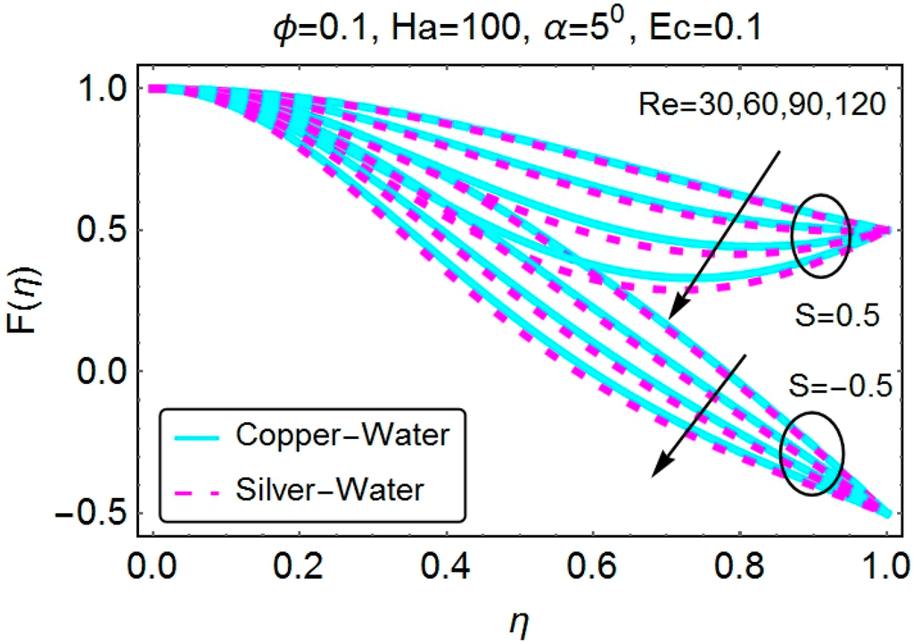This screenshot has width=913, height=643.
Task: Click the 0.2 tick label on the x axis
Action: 299,565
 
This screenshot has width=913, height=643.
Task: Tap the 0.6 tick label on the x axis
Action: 593,565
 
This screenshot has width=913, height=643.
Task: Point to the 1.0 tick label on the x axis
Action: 885,565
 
